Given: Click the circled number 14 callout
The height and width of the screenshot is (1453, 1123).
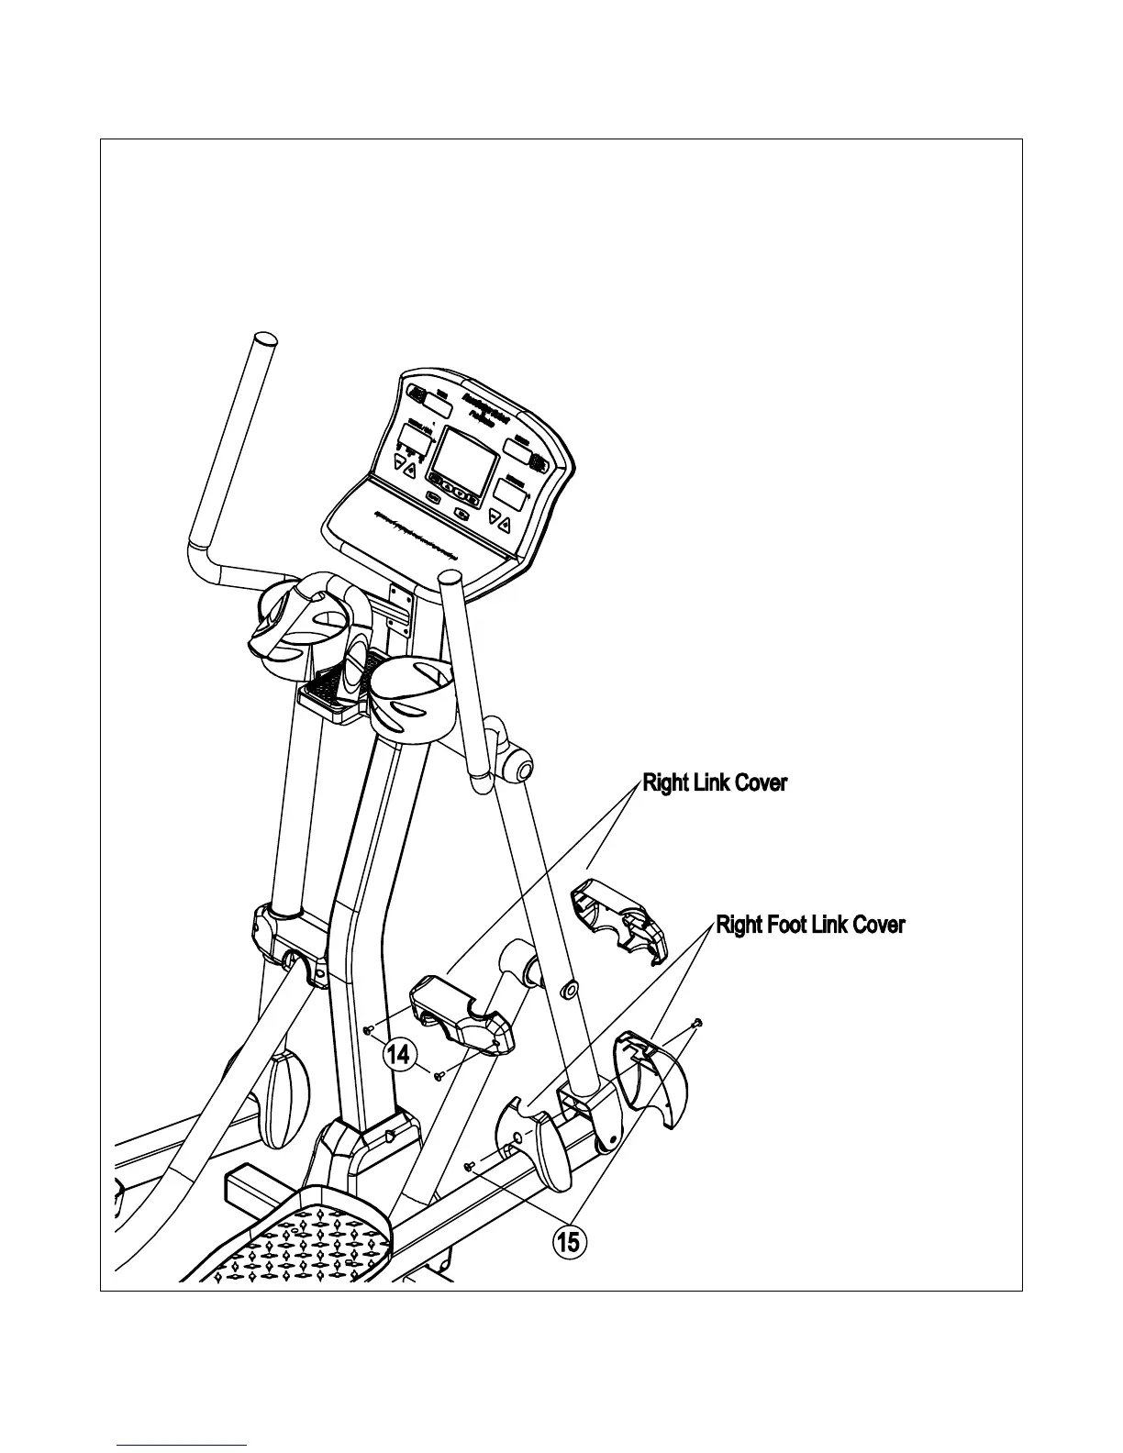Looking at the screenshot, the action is pyautogui.click(x=396, y=1054).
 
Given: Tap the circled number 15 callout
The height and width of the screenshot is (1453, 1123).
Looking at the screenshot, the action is pyautogui.click(x=568, y=1243).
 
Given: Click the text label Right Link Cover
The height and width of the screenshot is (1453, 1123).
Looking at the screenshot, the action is pyautogui.click(x=714, y=783).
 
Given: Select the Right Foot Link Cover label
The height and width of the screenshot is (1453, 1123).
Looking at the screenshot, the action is pyautogui.click(x=810, y=925).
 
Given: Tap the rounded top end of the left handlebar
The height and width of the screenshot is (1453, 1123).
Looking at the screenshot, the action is pyautogui.click(x=264, y=340).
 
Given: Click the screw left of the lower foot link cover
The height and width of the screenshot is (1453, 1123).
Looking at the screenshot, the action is pyautogui.click(x=470, y=1167).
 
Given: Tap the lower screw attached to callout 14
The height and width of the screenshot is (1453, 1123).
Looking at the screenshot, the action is pyautogui.click(x=439, y=1074).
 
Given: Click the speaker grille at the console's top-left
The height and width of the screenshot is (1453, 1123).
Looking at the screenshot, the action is pyautogui.click(x=417, y=394).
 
